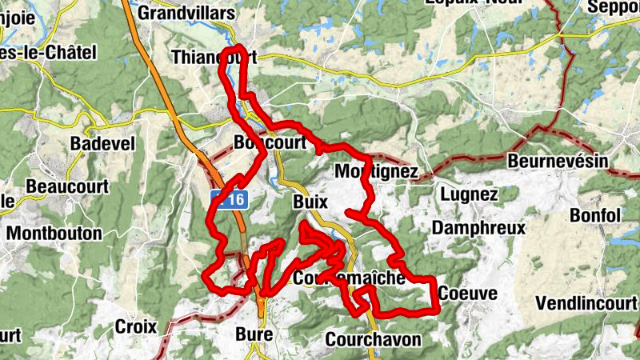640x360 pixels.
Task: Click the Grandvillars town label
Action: click(x=186, y=13)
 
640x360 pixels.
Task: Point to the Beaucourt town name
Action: click(x=67, y=186)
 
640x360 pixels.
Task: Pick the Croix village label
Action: click(x=135, y=326)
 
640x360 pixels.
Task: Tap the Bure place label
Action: click(x=255, y=334)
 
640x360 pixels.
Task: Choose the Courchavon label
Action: click(x=373, y=339)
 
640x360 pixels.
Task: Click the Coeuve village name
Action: click(x=467, y=294)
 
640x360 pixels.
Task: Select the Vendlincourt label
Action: click(x=586, y=303)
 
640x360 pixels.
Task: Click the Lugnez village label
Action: click(x=469, y=194)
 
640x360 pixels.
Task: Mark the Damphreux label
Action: click(x=478, y=228)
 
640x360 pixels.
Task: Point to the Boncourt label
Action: click(x=270, y=142)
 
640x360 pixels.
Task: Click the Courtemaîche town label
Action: click(x=350, y=278)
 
